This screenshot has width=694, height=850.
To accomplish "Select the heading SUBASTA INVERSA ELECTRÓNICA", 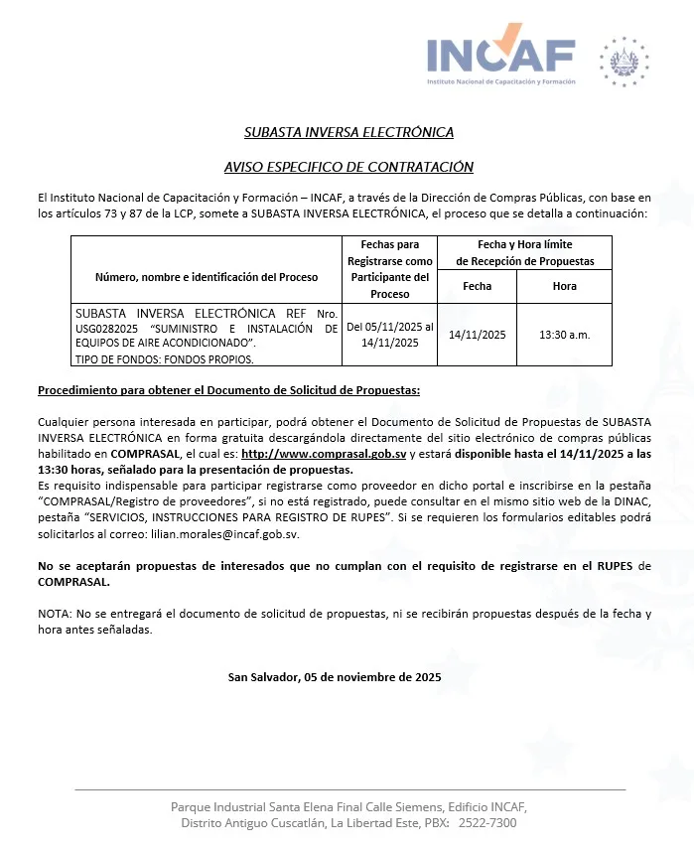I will [348, 132].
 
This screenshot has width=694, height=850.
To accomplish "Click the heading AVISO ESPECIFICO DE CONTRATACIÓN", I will [348, 167].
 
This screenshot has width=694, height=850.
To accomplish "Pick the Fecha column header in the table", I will [477, 286].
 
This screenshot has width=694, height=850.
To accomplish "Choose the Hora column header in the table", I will [564, 286].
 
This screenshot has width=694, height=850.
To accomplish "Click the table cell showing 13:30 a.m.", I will [564, 335].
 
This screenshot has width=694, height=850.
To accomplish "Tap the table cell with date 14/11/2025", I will [477, 335].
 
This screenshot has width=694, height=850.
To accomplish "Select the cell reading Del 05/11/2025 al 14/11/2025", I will [389, 335].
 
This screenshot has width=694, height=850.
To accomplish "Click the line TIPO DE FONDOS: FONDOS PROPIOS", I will [164, 359].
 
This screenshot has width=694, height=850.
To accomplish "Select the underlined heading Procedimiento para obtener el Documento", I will [228, 390].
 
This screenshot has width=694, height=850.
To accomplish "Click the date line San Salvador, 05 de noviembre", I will [335, 677].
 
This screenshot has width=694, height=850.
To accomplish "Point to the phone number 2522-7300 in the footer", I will [489, 823].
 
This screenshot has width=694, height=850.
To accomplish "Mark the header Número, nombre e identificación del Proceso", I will [207, 276].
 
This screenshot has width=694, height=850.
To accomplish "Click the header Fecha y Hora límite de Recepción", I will [524, 252].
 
